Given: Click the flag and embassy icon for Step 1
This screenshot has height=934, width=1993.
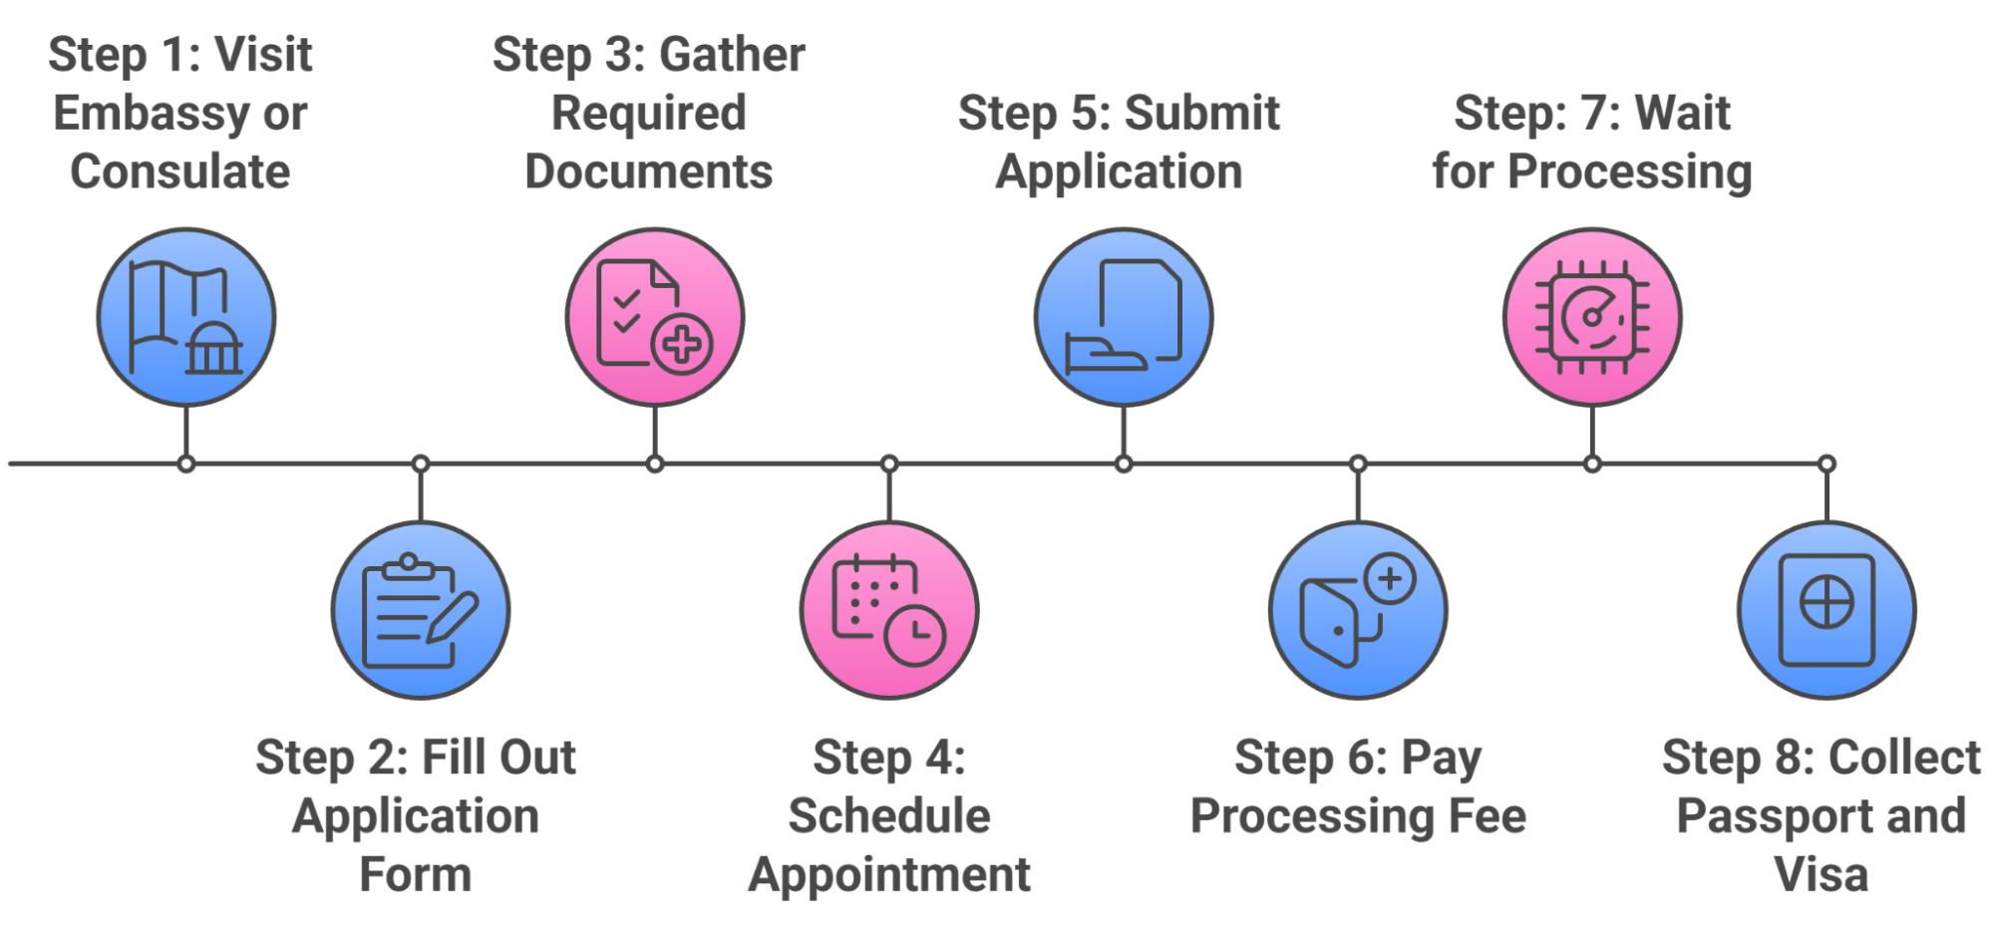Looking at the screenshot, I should tap(186, 317).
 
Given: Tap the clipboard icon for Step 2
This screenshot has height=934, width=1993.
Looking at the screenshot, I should tap(420, 610).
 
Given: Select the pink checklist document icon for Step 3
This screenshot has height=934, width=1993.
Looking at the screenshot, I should tap(654, 317).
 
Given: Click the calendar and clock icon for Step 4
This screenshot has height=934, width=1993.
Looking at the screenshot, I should tap(888, 610).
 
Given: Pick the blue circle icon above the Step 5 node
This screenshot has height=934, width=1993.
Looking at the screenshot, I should tap(1124, 317).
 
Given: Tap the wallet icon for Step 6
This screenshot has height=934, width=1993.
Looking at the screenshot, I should tap(1358, 610).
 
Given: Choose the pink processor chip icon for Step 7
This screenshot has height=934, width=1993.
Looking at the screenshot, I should tap(1592, 317).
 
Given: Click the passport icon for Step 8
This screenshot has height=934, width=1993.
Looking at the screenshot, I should tap(1827, 610).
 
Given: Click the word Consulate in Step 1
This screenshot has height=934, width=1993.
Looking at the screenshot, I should tap(180, 171).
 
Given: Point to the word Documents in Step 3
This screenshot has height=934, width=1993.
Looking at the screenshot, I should tap(649, 171).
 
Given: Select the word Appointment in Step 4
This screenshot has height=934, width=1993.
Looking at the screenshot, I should tap(889, 875).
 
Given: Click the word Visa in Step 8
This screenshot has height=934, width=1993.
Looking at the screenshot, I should tap(1821, 875).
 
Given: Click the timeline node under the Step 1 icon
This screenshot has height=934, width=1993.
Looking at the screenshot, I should tap(186, 464).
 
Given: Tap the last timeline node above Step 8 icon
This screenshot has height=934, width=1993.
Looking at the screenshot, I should tap(1827, 464).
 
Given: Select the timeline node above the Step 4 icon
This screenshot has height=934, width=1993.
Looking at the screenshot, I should tap(889, 464).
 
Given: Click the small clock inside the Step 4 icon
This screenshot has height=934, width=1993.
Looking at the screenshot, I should tap(915, 634).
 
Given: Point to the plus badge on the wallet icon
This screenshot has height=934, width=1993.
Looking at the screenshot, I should tap(1390, 578).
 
